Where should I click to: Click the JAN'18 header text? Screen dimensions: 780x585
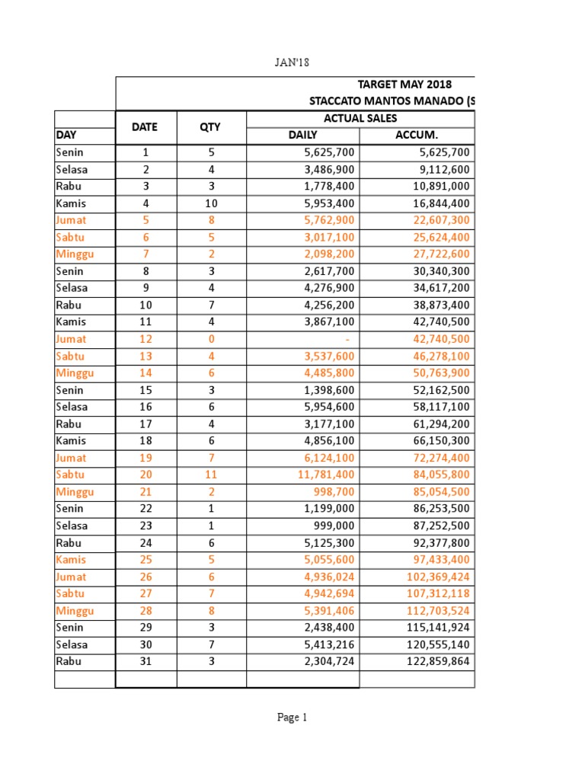292,62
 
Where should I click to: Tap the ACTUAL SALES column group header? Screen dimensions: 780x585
360,118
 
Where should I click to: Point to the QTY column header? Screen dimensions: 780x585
211,127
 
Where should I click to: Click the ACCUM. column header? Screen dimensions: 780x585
416,135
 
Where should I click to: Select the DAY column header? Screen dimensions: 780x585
67,135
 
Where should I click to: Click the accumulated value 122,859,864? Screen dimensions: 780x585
430,662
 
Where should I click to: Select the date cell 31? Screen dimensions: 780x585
145,662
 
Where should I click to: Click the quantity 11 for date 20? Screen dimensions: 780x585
211,475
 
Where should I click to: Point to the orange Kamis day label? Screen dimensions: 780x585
71,560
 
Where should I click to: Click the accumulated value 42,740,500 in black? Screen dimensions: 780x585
433,322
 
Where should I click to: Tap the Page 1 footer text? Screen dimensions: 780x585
292,717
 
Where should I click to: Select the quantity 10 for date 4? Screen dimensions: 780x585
211,203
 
